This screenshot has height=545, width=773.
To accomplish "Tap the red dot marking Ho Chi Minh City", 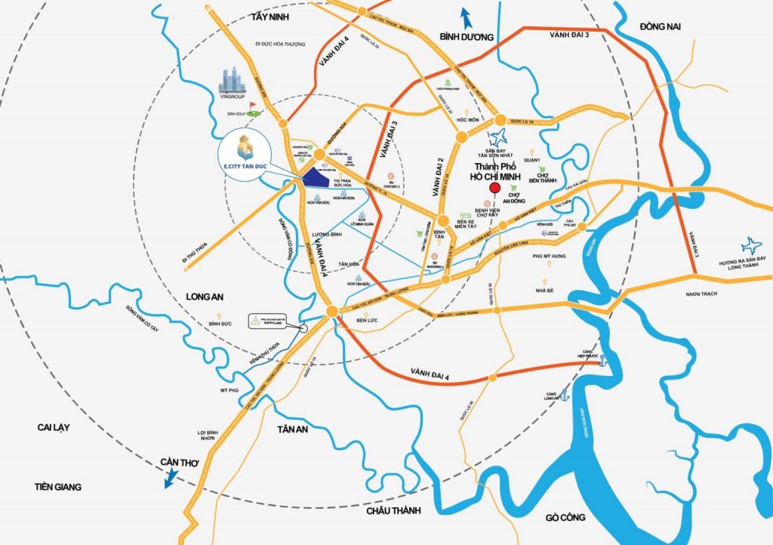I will [494, 188].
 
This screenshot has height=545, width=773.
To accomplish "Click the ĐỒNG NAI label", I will [661, 26].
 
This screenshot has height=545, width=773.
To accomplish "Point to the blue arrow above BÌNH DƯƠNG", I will [466, 16].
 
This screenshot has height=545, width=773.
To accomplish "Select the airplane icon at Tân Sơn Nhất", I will [497, 138].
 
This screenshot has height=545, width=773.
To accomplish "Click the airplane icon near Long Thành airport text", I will [751, 245].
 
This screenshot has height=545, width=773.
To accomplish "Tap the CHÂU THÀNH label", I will [392, 511].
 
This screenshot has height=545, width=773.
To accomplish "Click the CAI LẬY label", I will [53, 427].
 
